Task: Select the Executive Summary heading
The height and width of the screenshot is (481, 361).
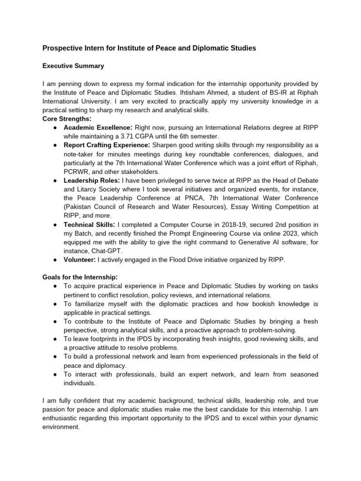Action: click(73, 66)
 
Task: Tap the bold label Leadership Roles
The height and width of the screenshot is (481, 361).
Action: click(92, 180)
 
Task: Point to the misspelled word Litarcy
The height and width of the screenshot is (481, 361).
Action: click(87, 188)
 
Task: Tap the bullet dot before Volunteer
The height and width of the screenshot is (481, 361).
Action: click(55, 259)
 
